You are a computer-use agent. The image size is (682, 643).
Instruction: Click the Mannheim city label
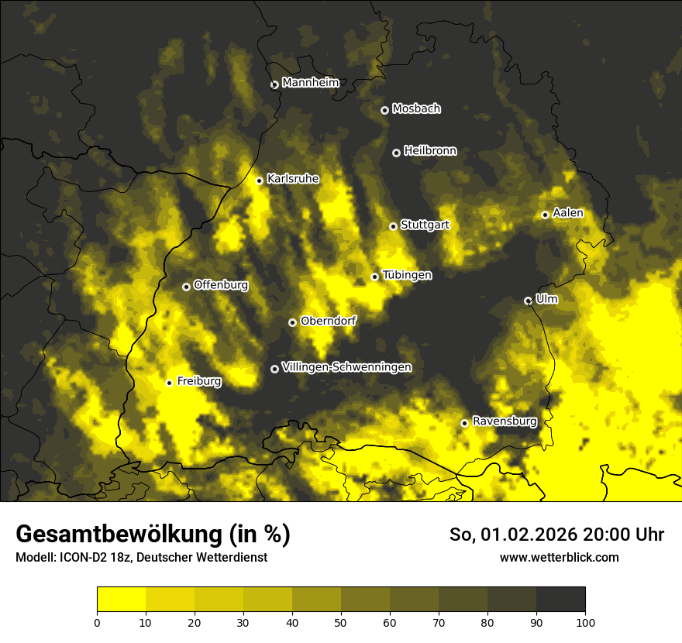[310, 83]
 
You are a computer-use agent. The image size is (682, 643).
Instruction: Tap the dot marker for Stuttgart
[393, 226]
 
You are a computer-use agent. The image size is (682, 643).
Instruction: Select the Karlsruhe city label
[292, 179]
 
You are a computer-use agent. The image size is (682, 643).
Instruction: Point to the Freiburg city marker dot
[169, 383]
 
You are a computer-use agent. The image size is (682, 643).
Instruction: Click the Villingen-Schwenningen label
[346, 367]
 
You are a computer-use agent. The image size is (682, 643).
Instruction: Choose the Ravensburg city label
[504, 421]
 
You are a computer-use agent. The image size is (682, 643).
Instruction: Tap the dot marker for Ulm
[528, 301]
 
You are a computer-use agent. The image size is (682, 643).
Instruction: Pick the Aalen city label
[568, 213]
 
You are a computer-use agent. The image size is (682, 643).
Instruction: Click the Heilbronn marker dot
[396, 153]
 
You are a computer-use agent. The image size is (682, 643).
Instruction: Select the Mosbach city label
[415, 109]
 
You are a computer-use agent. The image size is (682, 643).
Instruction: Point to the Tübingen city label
[407, 275]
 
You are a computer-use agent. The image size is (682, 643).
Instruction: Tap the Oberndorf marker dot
[292, 322]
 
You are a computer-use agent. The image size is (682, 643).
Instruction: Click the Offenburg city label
[220, 285]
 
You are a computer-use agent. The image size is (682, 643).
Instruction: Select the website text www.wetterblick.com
[559, 558]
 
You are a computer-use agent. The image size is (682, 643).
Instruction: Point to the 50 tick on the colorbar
[341, 622]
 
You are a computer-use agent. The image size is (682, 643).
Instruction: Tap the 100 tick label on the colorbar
[585, 622]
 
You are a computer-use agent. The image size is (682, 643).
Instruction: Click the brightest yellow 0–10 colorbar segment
[121, 600]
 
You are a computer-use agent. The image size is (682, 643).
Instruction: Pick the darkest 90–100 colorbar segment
[560, 600]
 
